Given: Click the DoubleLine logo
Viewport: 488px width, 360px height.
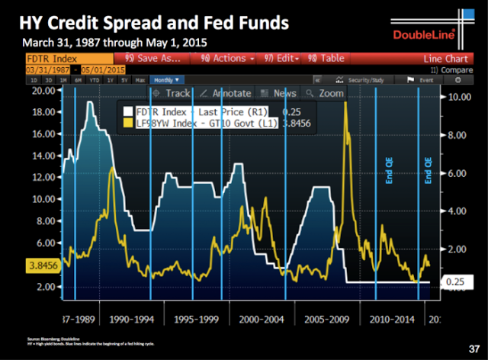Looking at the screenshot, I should tap(422, 34).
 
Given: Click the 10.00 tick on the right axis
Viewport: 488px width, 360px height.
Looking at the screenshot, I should tap(461, 98).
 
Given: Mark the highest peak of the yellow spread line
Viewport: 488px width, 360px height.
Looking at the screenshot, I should tap(346, 103).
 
